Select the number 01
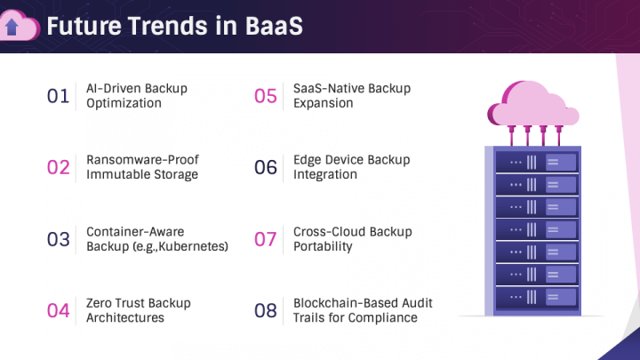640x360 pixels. (x=58, y=96)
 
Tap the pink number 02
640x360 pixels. (x=58, y=167)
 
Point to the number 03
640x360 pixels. (x=58, y=239)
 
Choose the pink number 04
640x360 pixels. (x=58, y=310)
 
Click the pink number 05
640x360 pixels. (x=266, y=96)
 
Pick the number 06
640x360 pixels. (x=266, y=167)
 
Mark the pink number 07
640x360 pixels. (x=266, y=239)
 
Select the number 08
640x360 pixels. (x=266, y=310)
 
